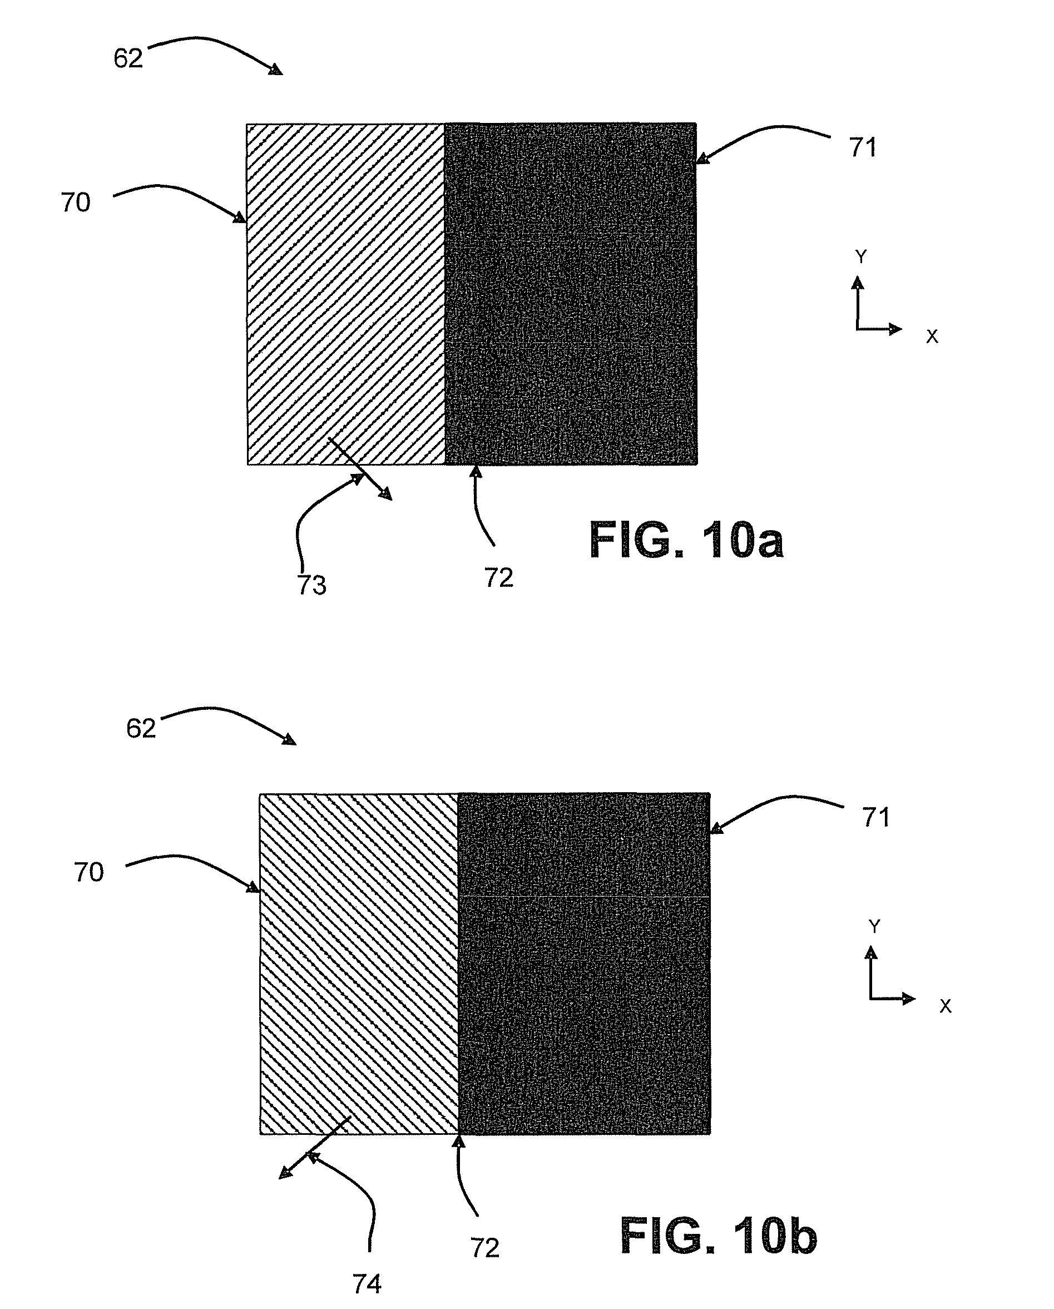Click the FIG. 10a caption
686,540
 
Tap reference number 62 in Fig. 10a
128,59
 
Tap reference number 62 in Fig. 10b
141,729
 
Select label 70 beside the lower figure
88,872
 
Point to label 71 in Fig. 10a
863,147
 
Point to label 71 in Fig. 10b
875,818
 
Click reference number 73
311,585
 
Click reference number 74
367,1284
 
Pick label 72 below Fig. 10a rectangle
498,578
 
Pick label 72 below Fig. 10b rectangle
484,1248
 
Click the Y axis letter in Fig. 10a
860,257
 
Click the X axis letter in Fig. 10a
932,337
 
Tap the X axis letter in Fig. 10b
946,1006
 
